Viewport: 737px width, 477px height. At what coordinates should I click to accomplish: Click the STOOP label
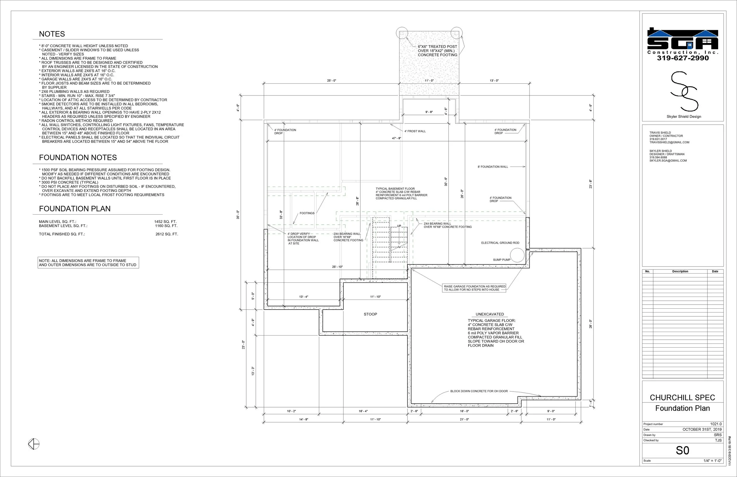(370, 314)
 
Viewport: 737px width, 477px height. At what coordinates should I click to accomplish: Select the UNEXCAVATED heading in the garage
(490, 314)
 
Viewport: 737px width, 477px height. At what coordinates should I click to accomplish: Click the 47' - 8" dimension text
(397, 138)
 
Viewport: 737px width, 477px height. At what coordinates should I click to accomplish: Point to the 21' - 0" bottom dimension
(464, 420)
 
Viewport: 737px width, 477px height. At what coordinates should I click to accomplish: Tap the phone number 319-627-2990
(683, 58)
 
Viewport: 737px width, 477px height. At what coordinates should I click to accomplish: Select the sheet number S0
(682, 450)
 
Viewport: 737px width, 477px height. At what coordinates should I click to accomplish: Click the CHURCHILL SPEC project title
(682, 397)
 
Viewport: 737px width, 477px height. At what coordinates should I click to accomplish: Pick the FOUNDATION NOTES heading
(78, 157)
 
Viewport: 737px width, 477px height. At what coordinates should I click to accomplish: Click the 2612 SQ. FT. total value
(167, 234)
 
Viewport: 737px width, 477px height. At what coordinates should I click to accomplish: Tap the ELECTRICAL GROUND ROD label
(500, 243)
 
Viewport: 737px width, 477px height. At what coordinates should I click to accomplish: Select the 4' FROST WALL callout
(415, 131)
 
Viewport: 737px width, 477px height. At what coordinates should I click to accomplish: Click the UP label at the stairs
(399, 226)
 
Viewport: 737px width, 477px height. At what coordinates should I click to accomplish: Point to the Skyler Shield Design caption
(684, 116)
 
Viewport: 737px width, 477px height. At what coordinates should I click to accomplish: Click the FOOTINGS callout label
(307, 213)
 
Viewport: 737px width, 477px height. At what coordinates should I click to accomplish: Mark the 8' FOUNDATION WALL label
(493, 167)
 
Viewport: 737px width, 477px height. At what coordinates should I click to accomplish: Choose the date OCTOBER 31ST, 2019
(702, 429)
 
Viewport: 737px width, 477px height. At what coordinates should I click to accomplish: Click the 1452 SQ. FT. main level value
(165, 222)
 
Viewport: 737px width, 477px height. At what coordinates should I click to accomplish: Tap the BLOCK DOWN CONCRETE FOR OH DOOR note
(479, 391)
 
